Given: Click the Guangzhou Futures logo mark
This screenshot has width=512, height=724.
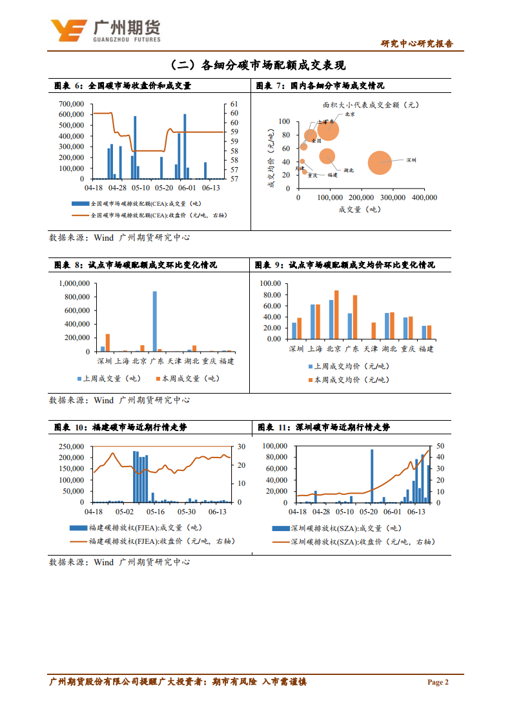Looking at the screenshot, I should tap(68, 29).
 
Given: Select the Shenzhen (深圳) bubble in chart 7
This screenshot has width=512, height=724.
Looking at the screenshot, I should tap(380, 163).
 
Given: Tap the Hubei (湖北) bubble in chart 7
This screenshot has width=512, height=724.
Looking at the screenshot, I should tap(327, 156).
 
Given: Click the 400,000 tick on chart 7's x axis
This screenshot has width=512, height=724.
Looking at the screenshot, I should tap(423, 198).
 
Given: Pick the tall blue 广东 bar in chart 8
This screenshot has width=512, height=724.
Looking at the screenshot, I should tap(154, 321).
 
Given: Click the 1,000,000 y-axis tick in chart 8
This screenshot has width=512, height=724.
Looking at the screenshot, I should tap(75, 283).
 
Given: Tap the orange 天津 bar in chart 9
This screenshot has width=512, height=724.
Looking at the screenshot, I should tap(373, 330).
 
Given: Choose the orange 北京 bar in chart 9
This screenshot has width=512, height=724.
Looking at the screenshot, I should tap(336, 314).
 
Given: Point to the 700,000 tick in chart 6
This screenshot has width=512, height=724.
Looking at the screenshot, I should tap(71, 104).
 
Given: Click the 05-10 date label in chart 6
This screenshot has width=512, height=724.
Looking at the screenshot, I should tap(140, 188).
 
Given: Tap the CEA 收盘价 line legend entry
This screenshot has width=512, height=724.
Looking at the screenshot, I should tap(152, 215).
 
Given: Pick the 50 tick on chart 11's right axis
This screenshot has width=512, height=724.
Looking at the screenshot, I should tap(439, 446).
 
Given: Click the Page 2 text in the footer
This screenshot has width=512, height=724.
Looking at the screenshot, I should tap(437, 682).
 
